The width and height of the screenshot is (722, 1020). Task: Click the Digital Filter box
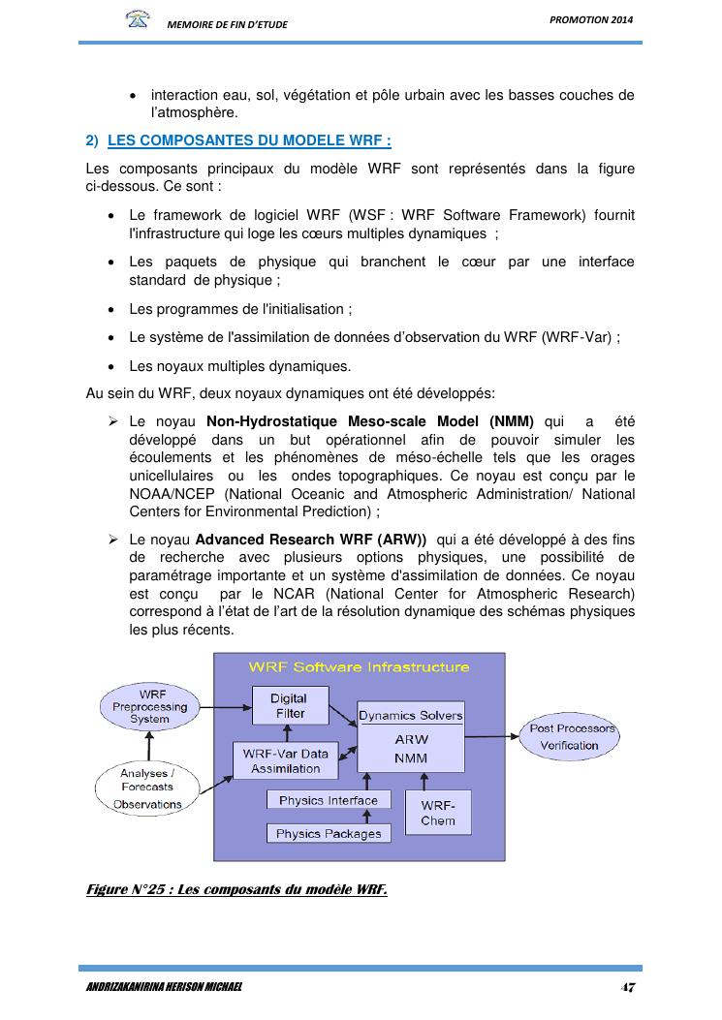289,706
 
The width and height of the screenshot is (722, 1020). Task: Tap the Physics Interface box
329,800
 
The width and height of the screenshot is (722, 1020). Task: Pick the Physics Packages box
329,833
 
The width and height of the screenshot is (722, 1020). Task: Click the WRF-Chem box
438,813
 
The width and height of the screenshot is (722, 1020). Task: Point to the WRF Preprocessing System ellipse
151,707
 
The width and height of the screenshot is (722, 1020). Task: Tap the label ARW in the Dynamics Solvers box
412,739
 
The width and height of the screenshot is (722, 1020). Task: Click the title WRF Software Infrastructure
359,666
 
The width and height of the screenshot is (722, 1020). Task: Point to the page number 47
628,988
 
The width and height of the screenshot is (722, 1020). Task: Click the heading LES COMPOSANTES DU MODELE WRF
249,140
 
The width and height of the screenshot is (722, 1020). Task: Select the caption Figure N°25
236,890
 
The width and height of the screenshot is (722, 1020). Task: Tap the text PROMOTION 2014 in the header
597,20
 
